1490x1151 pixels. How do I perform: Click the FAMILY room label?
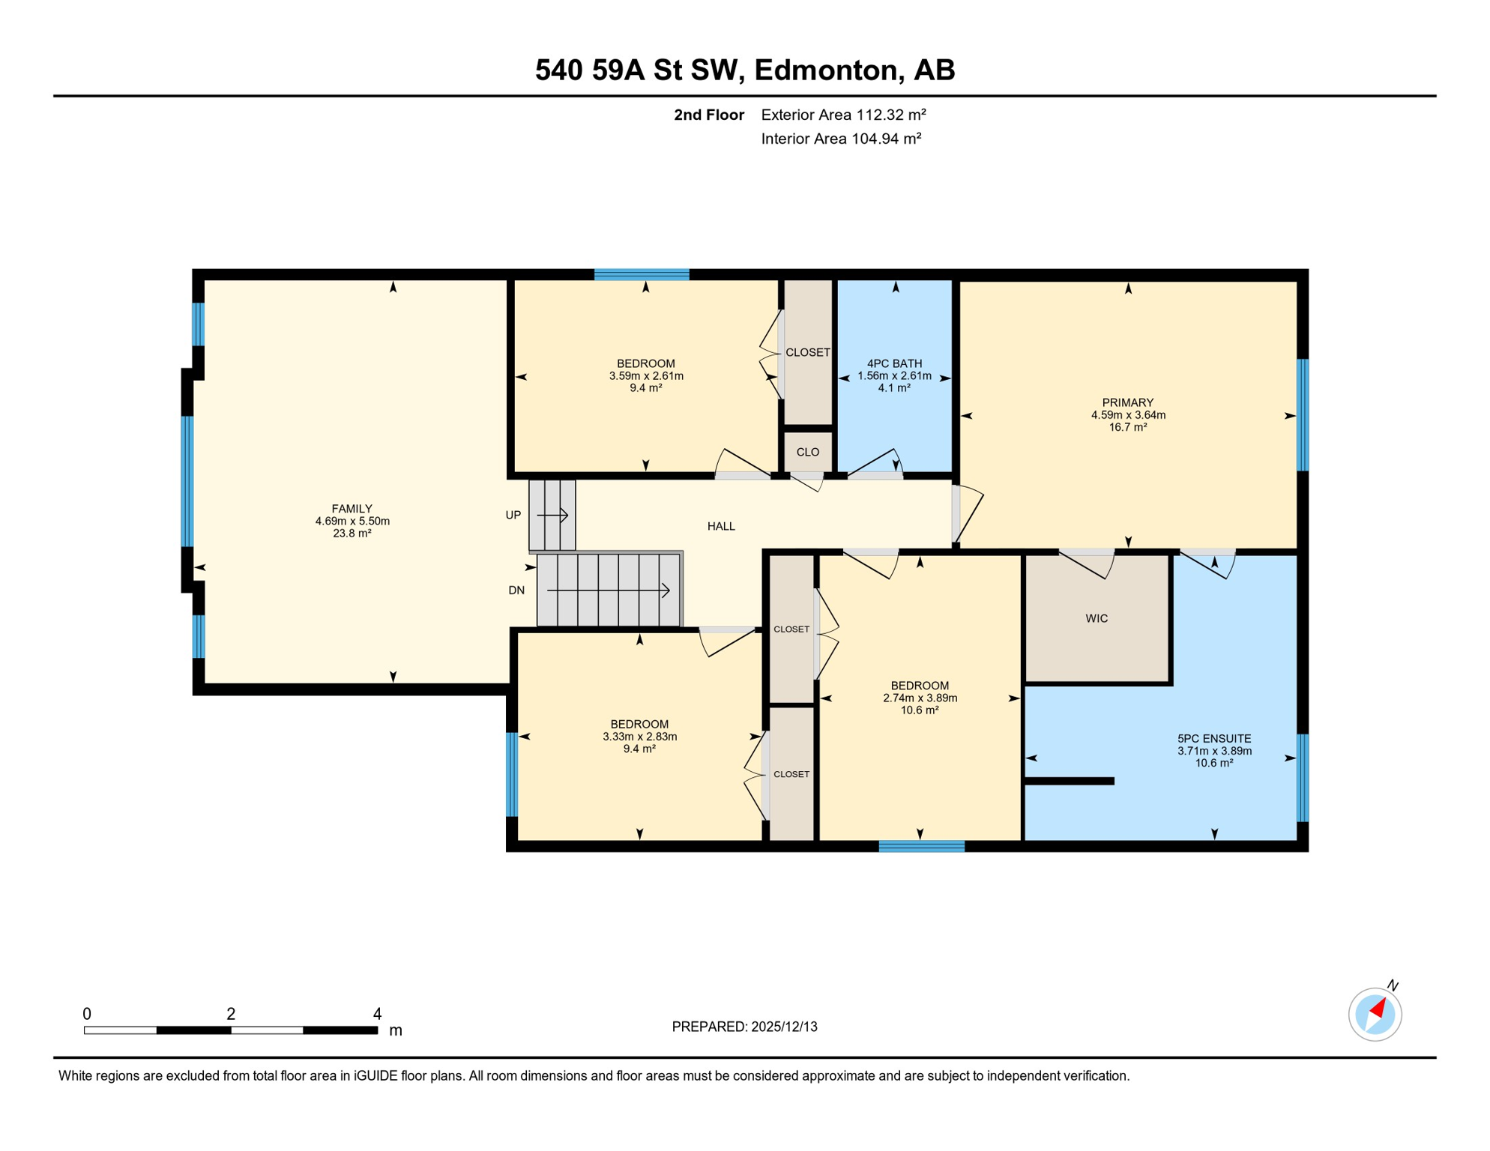coord(352,509)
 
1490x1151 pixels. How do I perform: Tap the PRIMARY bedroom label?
coord(1127,403)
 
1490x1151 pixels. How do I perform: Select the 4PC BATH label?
coord(894,363)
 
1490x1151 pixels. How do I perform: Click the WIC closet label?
coord(1097,618)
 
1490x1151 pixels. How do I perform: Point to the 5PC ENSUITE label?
coord(1214,739)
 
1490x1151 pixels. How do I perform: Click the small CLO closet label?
coord(807,452)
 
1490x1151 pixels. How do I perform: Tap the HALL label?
coord(721,526)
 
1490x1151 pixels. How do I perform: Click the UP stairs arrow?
coord(553,516)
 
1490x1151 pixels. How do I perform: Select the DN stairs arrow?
coord(608,590)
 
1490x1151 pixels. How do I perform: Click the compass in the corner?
coord(1375,1015)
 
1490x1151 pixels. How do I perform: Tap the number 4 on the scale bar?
coord(377,1014)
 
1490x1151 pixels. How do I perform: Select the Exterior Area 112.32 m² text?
coord(843,115)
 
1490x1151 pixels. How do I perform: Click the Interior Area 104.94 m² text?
coord(841,139)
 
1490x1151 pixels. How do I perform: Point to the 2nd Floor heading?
coord(708,115)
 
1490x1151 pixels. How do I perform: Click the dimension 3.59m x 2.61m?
coord(646,376)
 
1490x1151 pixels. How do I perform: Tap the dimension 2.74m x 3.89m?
coord(920,698)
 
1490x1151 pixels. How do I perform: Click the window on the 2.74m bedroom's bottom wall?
coord(921,846)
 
